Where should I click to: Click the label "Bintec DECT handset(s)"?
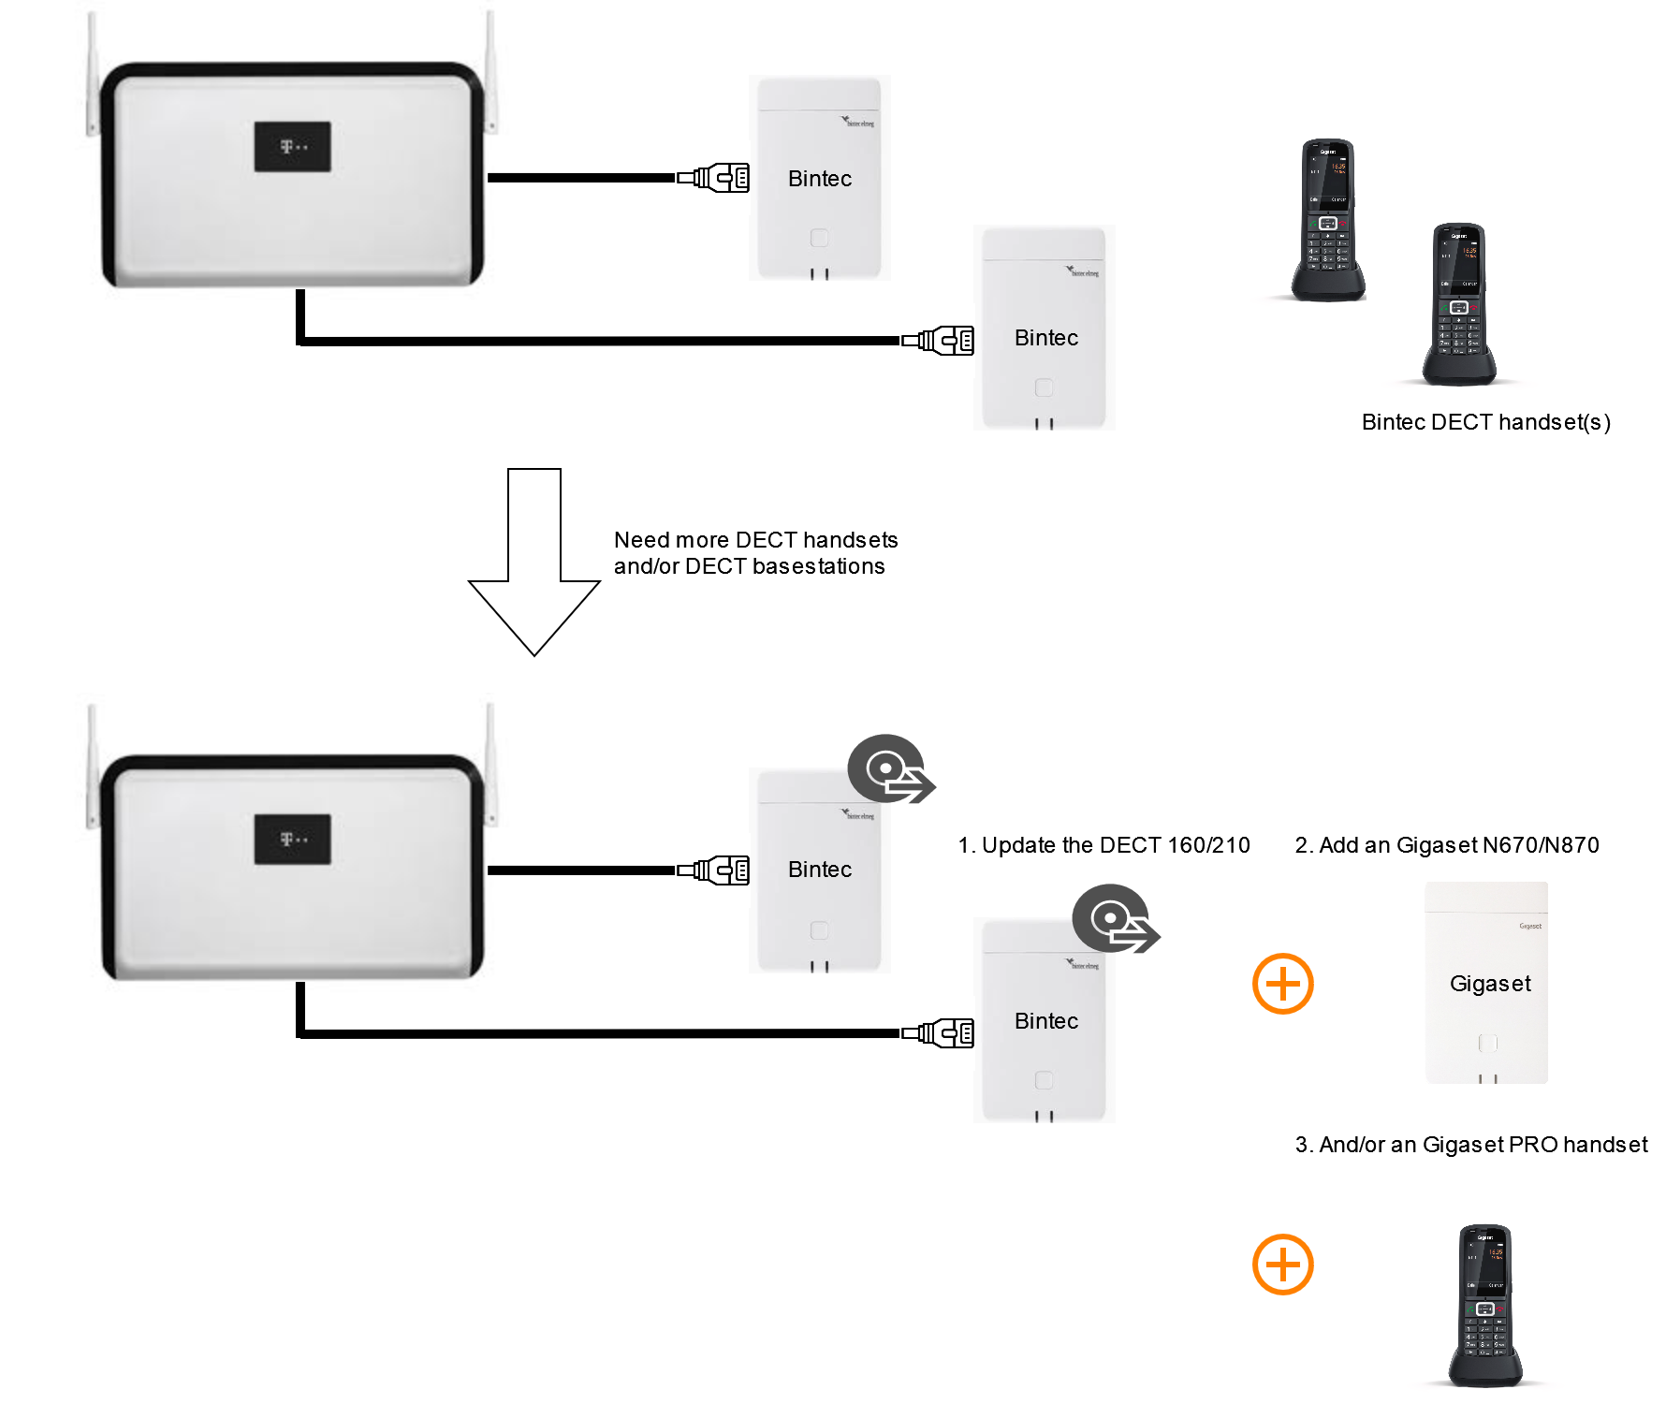[x=1485, y=422]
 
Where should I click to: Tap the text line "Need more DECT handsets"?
[x=755, y=540]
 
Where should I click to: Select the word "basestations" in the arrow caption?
[x=818, y=566]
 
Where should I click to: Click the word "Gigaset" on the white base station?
[x=1490, y=984]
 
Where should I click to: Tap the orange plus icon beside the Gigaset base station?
[x=1283, y=984]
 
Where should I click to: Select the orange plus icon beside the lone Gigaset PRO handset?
[x=1283, y=1265]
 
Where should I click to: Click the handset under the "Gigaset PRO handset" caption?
[x=1485, y=1306]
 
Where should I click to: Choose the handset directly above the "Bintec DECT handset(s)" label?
[x=1459, y=304]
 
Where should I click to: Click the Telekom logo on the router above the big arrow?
[x=293, y=147]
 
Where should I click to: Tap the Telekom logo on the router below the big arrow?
[x=293, y=840]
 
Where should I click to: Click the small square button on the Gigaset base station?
[x=1487, y=1043]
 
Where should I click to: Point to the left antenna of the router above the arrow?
[x=93, y=75]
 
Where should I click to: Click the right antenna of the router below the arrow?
[x=490, y=763]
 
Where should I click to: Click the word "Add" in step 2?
[x=1341, y=845]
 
